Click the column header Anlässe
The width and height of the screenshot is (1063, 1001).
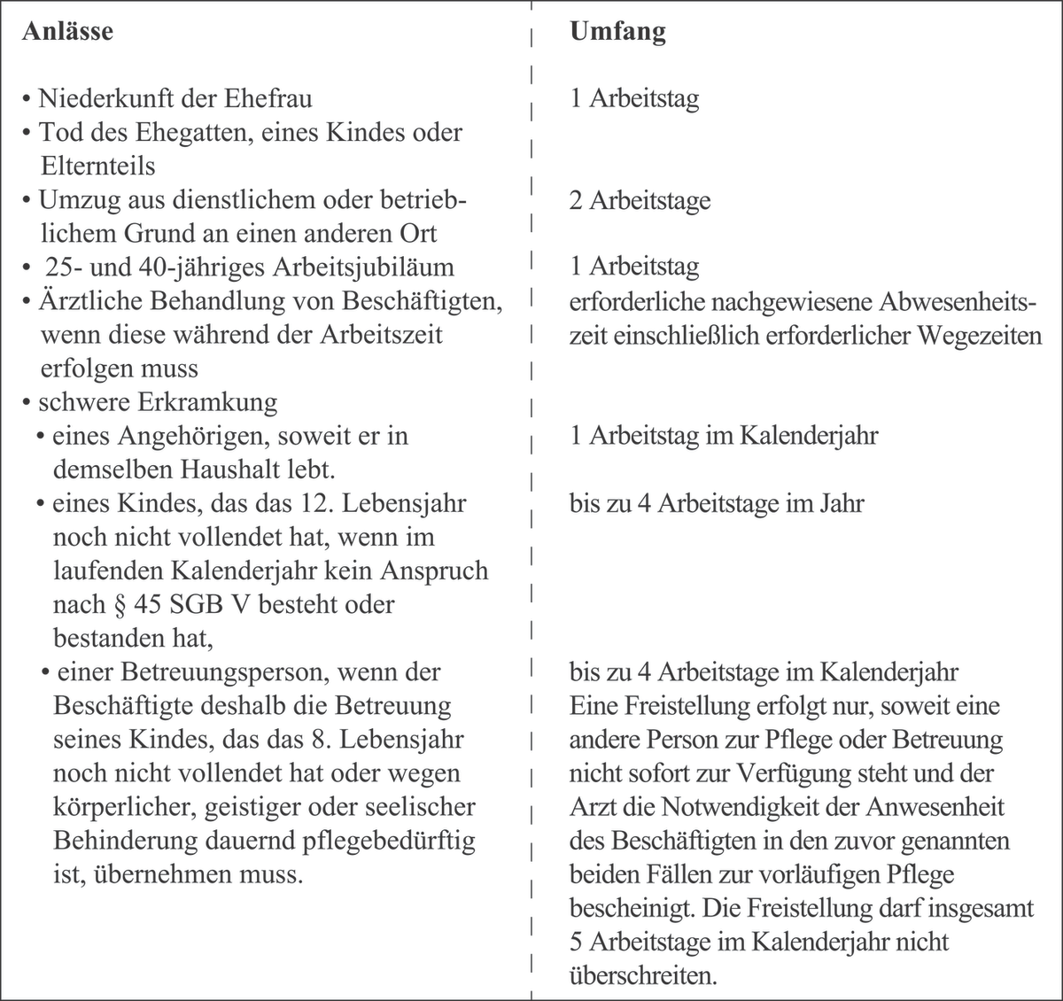(x=67, y=32)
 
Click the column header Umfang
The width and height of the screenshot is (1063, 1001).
(x=617, y=32)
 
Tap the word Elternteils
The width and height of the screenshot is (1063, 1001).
(x=97, y=166)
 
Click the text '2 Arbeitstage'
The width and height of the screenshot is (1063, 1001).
(x=640, y=200)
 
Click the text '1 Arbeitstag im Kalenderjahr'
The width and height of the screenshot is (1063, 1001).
(x=723, y=436)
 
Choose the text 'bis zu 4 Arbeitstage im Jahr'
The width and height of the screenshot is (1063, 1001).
(x=717, y=503)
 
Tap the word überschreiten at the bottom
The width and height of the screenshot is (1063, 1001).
(x=643, y=975)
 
